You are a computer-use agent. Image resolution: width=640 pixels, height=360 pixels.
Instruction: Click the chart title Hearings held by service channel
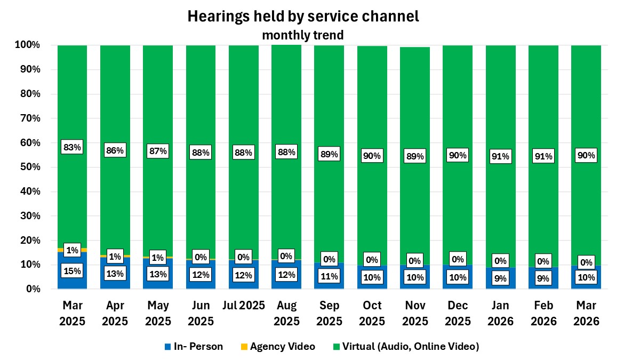(303, 17)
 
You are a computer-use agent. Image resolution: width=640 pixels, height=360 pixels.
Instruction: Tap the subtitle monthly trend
(302, 35)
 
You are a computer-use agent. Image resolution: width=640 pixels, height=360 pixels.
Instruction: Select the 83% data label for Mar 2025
(72, 148)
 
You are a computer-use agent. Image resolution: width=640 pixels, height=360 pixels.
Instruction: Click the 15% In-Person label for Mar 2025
(72, 271)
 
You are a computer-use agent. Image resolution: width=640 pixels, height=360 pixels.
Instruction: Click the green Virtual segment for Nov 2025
(415, 107)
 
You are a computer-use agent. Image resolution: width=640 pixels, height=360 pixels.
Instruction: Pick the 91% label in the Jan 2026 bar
(500, 156)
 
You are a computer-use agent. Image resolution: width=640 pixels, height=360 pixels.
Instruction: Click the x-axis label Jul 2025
(243, 306)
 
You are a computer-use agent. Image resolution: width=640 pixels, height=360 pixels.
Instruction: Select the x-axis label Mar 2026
(586, 314)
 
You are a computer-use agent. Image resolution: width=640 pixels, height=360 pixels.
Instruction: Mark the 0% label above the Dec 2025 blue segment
(458, 259)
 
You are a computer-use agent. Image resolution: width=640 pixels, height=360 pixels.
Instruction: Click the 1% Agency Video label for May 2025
(158, 257)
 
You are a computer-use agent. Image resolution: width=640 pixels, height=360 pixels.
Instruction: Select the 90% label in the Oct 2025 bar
(372, 156)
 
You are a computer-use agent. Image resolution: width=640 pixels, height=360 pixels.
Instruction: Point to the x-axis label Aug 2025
(286, 314)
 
